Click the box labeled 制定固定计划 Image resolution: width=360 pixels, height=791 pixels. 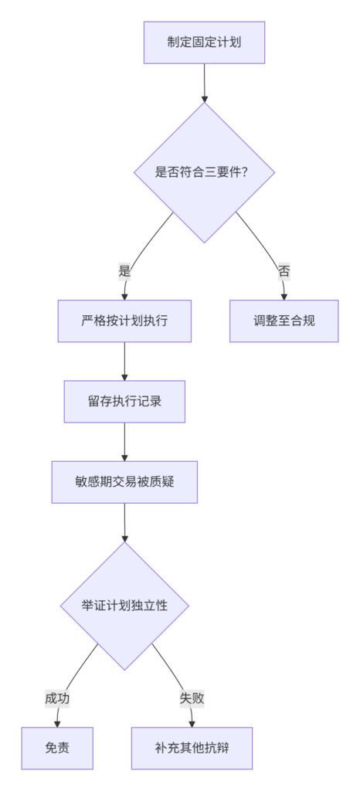204,42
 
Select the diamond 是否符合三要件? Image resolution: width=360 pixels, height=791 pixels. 204,172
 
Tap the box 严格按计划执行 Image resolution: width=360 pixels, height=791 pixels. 124,321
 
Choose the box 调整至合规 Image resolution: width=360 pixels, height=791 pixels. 284,321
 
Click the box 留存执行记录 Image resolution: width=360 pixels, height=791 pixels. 124,402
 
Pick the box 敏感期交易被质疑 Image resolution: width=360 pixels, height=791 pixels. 124,482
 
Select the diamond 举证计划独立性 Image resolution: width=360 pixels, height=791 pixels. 124,606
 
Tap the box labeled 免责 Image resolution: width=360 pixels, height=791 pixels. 57,748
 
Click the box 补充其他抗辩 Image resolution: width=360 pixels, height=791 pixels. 192,748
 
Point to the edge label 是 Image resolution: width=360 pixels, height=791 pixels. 124,272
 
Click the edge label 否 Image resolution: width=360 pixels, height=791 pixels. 284,272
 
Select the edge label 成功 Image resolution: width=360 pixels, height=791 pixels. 57,698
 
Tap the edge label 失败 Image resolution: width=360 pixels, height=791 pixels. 192,698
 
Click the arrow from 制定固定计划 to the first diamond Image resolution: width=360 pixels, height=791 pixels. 204,83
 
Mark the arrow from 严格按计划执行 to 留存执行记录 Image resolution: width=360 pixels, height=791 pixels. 124,362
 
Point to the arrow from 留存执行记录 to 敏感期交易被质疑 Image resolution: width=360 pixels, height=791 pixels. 124,442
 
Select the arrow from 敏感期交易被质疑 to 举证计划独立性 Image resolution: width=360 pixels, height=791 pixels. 124,522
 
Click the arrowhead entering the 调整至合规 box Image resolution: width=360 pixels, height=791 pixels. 284,296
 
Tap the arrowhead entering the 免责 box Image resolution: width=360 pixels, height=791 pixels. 57,723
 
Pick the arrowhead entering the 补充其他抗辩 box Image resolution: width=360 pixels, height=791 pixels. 192,723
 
